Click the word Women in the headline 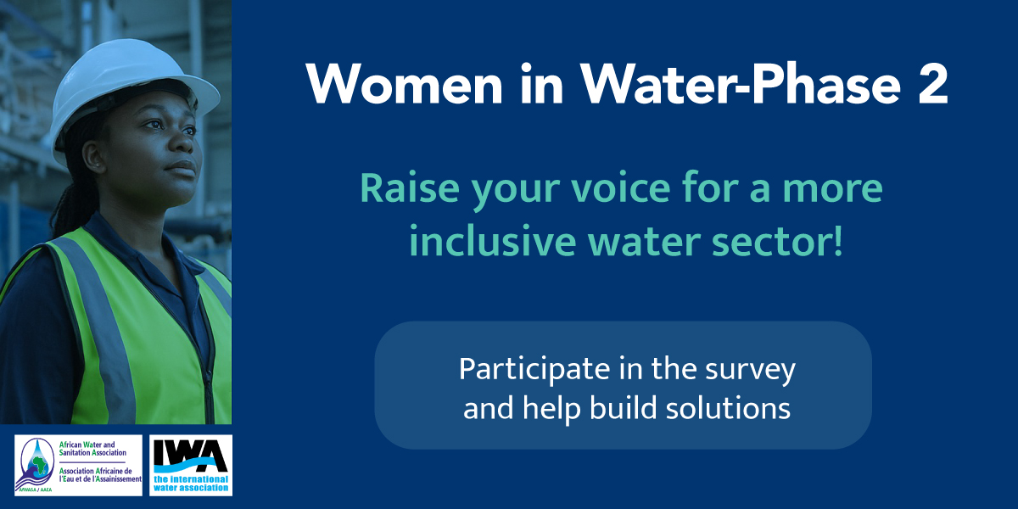pos(405,84)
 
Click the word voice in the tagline pos(621,187)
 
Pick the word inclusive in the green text pos(493,241)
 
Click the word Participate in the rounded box pos(534,370)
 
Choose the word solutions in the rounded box pos(728,407)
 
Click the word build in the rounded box pos(623,407)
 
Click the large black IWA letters pos(191,456)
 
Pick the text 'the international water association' pos(191,484)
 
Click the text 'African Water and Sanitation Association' pos(92,449)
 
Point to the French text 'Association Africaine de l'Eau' pos(100,475)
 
